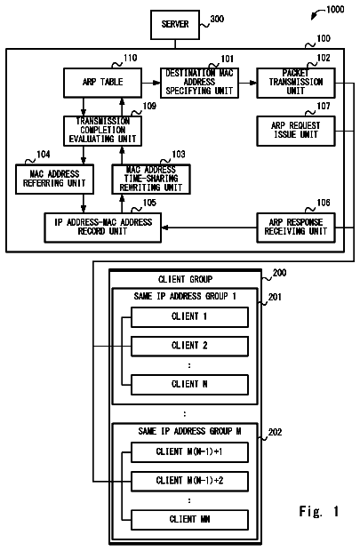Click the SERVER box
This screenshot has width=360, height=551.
coord(175,25)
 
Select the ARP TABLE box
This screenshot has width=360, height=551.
coord(102,83)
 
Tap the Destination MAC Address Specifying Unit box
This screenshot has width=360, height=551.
coord(199,83)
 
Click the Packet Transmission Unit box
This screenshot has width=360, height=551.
coord(296,83)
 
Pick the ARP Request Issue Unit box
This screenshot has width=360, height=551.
coord(296,131)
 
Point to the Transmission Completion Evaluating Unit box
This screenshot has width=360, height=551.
coord(102,131)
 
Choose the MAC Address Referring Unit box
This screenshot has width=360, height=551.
coord(54,179)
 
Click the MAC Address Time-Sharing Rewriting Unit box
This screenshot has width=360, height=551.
coord(151,179)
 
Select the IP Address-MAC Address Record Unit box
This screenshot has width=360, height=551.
coord(102,228)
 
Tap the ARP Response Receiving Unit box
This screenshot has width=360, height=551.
coord(296,228)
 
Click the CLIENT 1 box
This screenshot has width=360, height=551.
coord(189,317)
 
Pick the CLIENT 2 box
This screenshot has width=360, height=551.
coord(189,346)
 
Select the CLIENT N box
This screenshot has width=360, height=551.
coord(189,385)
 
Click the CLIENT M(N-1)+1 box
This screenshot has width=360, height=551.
coord(189,452)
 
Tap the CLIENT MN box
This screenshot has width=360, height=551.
coord(189,520)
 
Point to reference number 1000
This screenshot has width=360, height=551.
coord(335,10)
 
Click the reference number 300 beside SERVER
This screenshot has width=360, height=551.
coord(217,19)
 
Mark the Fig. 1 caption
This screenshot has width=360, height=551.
coord(319,511)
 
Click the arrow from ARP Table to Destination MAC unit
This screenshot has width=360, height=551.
coord(151,83)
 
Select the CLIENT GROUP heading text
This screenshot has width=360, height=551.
coord(185,279)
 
